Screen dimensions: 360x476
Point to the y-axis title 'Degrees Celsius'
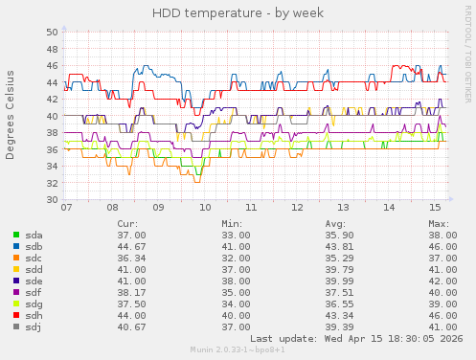11,115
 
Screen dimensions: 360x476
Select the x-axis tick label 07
66,207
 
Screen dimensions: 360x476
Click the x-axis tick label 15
435,207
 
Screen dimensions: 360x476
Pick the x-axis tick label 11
250,207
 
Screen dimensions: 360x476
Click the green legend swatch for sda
15,235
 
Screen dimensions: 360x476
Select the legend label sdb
34,246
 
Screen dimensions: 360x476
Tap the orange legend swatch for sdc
15,258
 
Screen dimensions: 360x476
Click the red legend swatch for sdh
15,315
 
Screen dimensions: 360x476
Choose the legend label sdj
34,326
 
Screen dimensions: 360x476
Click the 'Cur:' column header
127,223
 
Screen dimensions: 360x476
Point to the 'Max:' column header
440,223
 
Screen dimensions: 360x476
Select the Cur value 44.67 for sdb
130,246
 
